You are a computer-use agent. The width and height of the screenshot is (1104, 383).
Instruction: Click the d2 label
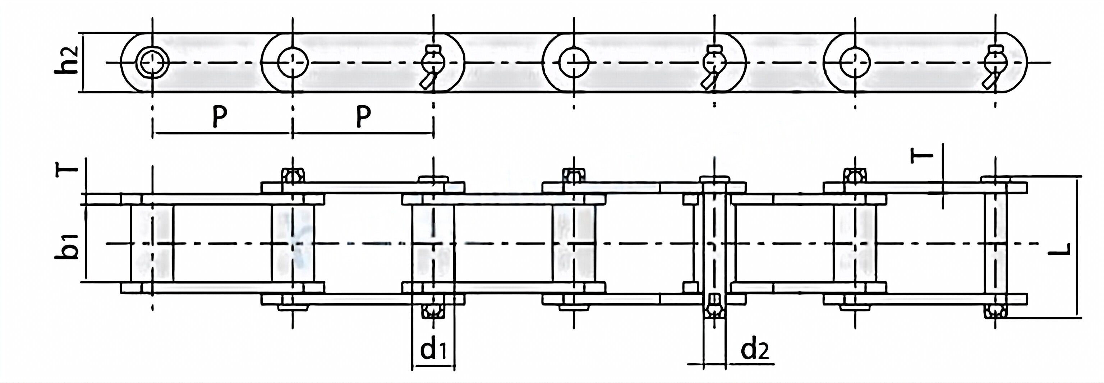pos(755,350)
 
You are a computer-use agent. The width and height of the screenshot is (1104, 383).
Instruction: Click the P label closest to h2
pos(220,116)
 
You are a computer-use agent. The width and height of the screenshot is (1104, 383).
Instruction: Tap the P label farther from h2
pos(363,116)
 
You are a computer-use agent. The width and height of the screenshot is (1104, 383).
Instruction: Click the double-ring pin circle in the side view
pos(153,63)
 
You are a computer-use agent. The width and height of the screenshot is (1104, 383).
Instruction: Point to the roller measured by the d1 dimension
pos(433,243)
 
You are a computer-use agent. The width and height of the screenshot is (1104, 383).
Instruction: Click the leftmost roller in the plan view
pos(152,243)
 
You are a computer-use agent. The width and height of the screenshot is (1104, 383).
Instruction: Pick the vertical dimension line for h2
pos(82,62)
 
